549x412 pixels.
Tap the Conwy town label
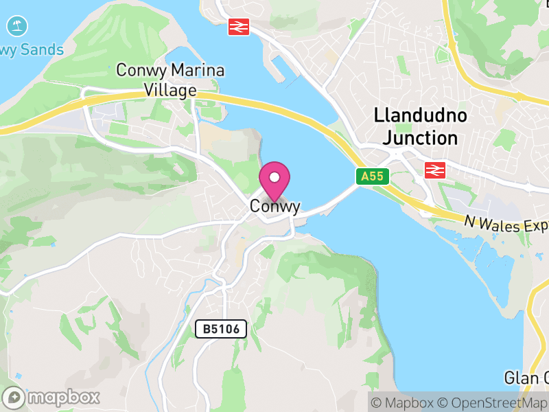pyautogui.click(x=274, y=206)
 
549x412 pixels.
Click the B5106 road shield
pyautogui.click(x=221, y=330)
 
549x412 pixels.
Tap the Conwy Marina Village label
pyautogui.click(x=170, y=80)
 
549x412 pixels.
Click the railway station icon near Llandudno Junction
pyautogui.click(x=435, y=170)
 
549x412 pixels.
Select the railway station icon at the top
pyautogui.click(x=239, y=27)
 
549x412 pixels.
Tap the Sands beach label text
pyautogui.click(x=41, y=50)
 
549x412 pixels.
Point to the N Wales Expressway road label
pyautogui.click(x=506, y=225)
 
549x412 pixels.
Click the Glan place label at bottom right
pyautogui.click(x=526, y=378)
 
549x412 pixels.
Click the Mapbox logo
pyautogui.click(x=52, y=397)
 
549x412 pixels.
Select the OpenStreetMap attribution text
pyautogui.click(x=493, y=402)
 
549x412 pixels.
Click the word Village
pyautogui.click(x=170, y=90)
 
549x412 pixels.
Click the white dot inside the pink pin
pyautogui.click(x=274, y=177)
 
